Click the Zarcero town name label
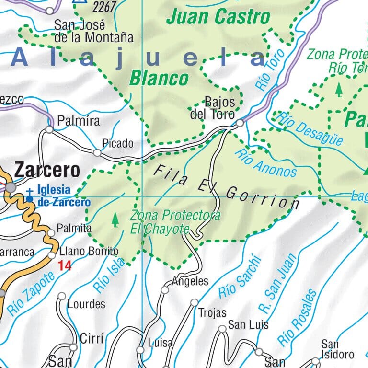[x=47, y=170]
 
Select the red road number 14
[x=65, y=265]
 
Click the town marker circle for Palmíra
[x=49, y=129]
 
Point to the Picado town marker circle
[x=97, y=153]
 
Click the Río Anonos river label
[x=266, y=163]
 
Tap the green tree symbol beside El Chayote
[x=115, y=219]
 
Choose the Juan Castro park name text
[x=218, y=17]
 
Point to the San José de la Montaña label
[x=93, y=31]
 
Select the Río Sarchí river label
[x=241, y=277]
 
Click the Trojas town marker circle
[x=194, y=302]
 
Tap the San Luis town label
[x=248, y=325]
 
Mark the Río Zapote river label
[x=31, y=292]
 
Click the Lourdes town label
[x=86, y=304]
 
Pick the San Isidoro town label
[x=337, y=350]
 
